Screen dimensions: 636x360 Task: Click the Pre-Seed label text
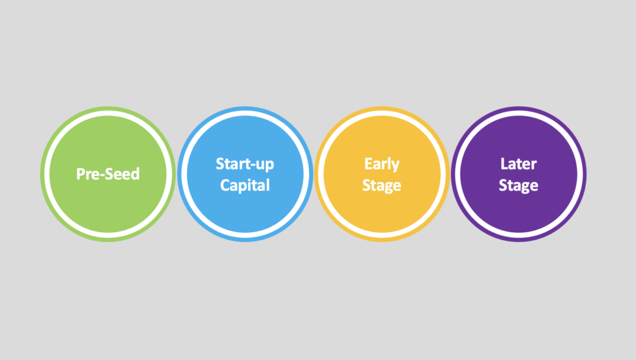tap(108, 174)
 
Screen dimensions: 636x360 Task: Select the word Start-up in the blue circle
tap(245, 164)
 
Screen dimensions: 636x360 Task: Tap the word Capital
tap(245, 185)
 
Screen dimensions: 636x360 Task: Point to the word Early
tap(382, 164)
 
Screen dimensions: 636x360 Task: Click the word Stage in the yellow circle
tap(382, 186)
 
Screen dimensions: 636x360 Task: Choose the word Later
tap(519, 164)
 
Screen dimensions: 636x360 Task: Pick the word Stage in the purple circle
tap(519, 186)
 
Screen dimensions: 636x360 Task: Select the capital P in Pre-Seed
tap(81, 174)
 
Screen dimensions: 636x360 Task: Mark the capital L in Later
tap(504, 164)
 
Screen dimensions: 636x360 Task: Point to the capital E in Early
tap(368, 164)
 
